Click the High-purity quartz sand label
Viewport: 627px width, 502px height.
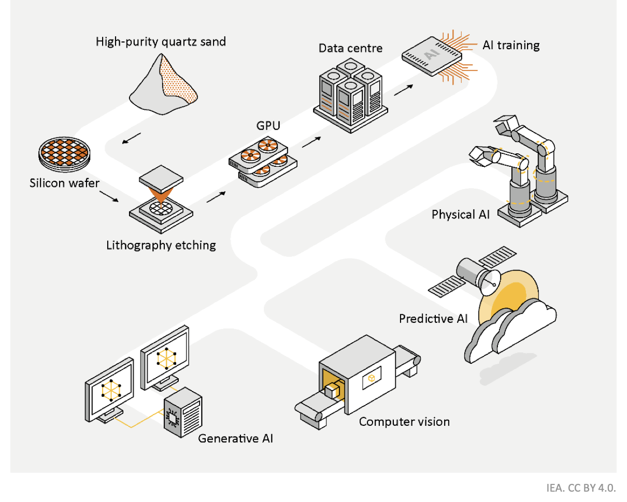point(161,41)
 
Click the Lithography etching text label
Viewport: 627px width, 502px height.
point(161,245)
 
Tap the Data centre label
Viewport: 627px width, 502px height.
point(350,48)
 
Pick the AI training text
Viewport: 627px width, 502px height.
point(511,45)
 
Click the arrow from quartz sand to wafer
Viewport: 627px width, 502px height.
point(132,138)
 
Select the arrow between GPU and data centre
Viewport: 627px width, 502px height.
point(311,141)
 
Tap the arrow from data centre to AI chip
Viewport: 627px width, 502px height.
point(404,90)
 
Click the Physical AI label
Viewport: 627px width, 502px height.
point(460,214)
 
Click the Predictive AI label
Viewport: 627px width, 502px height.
point(433,318)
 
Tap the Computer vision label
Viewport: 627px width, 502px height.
point(404,422)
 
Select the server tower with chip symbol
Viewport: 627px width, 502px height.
point(182,414)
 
